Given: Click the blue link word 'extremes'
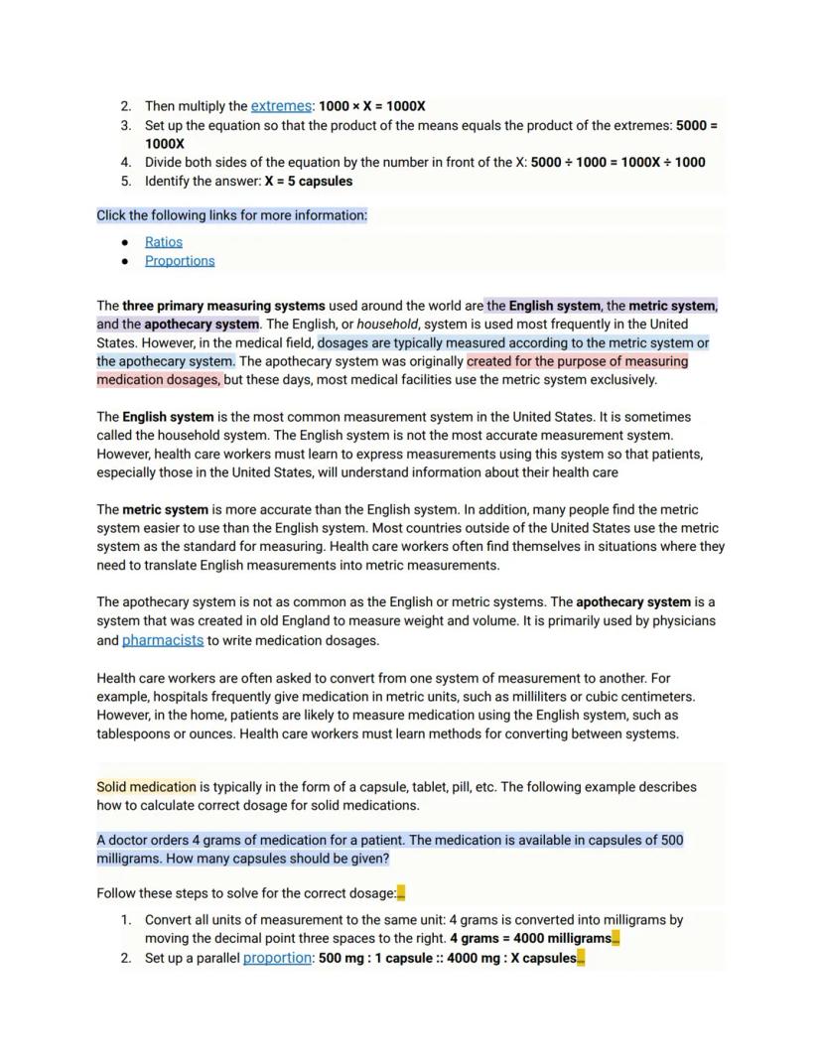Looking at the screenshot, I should click(x=281, y=106).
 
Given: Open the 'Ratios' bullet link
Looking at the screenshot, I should click(x=164, y=242).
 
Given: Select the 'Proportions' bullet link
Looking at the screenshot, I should click(x=180, y=261).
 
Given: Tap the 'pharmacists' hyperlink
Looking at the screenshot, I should click(x=163, y=640).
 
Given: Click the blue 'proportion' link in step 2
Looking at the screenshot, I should click(x=277, y=958).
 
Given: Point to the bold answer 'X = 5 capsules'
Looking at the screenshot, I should click(x=309, y=182).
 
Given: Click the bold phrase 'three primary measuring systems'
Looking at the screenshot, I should click(x=223, y=306).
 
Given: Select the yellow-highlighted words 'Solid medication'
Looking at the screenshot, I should click(x=146, y=787).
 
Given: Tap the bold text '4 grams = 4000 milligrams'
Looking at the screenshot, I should click(x=530, y=939).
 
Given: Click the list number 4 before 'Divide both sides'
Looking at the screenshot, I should click(x=126, y=163).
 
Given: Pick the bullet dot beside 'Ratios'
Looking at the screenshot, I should click(x=125, y=242).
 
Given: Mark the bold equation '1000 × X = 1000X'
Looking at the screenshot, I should click(x=372, y=106).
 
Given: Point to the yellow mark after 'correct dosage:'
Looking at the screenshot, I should click(x=401, y=893).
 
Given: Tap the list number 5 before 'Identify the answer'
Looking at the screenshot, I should click(x=126, y=182).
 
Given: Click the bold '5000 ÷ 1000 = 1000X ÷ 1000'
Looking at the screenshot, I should click(x=618, y=163).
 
